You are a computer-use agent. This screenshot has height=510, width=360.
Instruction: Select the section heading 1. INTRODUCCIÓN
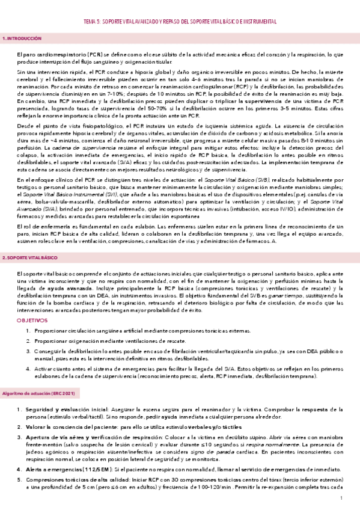point(22,38)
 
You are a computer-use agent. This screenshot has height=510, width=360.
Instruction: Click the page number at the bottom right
point(341,499)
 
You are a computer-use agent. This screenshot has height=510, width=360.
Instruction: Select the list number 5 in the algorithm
point(19,479)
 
